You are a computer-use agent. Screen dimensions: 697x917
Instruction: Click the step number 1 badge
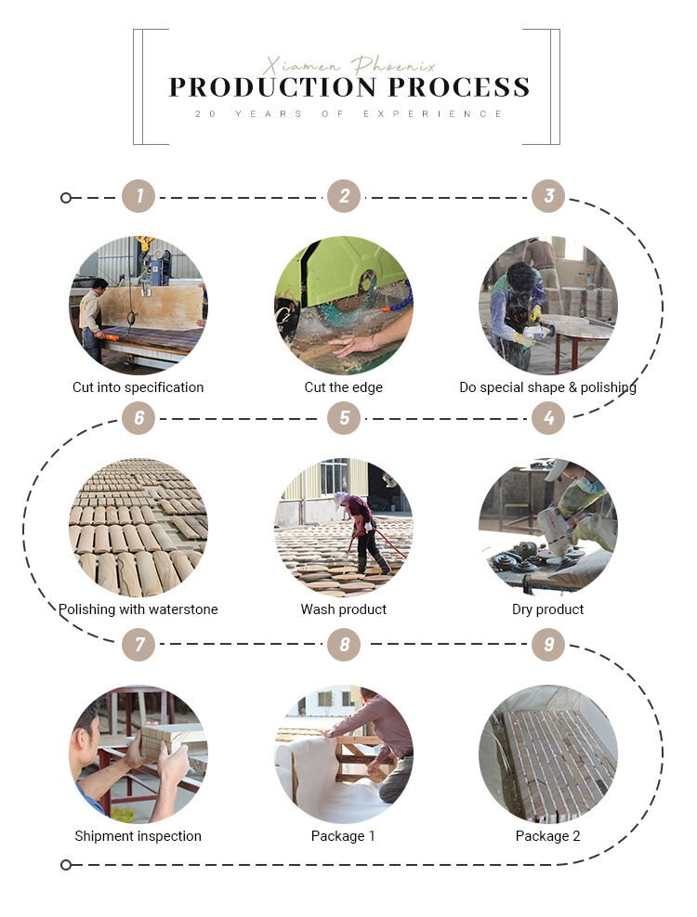138,196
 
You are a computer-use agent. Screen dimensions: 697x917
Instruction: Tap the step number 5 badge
344,417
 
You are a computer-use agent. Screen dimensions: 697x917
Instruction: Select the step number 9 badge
548,644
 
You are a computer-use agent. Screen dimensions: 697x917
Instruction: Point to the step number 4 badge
548,417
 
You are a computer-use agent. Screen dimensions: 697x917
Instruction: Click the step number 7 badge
138,644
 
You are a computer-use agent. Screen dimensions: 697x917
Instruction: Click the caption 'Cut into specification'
138,387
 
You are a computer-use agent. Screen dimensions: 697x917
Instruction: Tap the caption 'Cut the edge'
344,387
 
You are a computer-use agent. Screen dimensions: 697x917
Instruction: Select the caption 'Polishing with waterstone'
138,609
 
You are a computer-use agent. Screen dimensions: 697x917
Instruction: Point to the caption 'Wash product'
344,609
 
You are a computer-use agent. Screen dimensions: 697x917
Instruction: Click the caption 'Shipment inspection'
138,836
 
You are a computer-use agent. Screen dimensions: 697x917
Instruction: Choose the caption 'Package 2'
547,836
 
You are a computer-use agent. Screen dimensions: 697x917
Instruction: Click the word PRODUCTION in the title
272,87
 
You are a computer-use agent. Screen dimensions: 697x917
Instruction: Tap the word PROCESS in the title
459,87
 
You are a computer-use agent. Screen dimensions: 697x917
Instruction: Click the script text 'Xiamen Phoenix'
349,65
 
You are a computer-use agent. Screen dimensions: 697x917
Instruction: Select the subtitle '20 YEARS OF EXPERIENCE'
348,113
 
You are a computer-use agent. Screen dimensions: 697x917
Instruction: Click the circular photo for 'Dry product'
548,527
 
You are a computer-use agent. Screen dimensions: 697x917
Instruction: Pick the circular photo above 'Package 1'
344,753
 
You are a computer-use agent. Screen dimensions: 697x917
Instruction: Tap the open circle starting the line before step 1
66,198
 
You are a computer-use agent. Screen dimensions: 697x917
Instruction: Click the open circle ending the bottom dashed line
66,864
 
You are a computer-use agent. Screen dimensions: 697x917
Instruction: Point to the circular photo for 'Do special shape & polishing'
548,305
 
